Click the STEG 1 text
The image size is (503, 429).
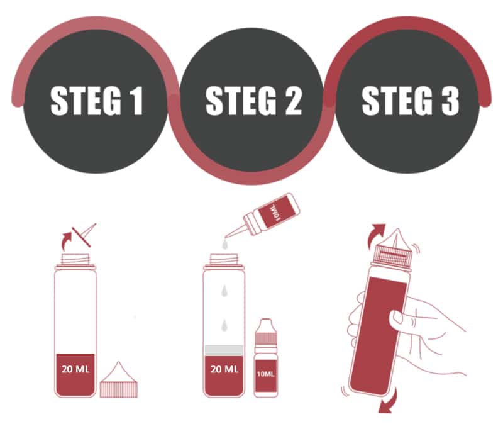(x=97, y=101)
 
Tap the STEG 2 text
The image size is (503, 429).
(x=254, y=101)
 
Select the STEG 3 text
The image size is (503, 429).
(x=411, y=101)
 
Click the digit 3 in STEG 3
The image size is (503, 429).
(x=450, y=101)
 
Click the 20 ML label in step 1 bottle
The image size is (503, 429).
(x=75, y=369)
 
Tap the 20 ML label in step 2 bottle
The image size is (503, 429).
(x=224, y=369)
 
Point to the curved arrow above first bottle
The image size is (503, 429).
(x=67, y=242)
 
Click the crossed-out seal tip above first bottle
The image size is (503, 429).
(x=84, y=235)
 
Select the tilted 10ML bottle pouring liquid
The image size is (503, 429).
(x=263, y=217)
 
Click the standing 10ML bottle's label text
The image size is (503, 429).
(x=265, y=374)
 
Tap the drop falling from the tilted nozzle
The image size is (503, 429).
(x=225, y=245)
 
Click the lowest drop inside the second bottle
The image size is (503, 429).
(x=224, y=325)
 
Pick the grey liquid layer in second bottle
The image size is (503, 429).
(x=224, y=350)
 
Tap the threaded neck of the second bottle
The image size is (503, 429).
(x=224, y=259)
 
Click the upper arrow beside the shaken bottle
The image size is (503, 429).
(x=375, y=236)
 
